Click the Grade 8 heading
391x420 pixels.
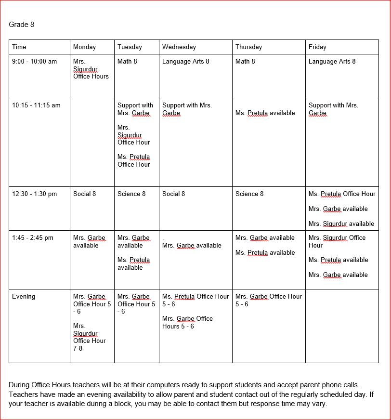[22, 25]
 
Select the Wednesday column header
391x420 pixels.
[179, 47]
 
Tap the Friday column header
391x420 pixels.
[317, 47]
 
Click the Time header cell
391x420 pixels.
[19, 47]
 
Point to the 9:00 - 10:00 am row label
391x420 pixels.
[34, 62]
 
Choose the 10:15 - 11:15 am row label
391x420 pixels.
[36, 105]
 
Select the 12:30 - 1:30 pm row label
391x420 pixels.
[34, 194]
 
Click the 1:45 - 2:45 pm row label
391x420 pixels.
[33, 238]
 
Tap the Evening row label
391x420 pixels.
[24, 297]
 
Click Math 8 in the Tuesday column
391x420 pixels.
[127, 62]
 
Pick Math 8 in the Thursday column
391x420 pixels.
[245, 62]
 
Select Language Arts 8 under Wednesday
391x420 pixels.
[186, 62]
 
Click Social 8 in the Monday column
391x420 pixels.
[84, 194]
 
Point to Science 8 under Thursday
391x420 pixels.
[249, 194]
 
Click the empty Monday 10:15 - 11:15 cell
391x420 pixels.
[92, 142]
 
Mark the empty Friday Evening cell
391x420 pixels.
[342, 326]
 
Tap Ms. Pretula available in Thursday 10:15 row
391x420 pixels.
[265, 113]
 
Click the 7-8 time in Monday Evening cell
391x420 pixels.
[78, 348]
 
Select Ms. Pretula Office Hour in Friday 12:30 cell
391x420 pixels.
[342, 194]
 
